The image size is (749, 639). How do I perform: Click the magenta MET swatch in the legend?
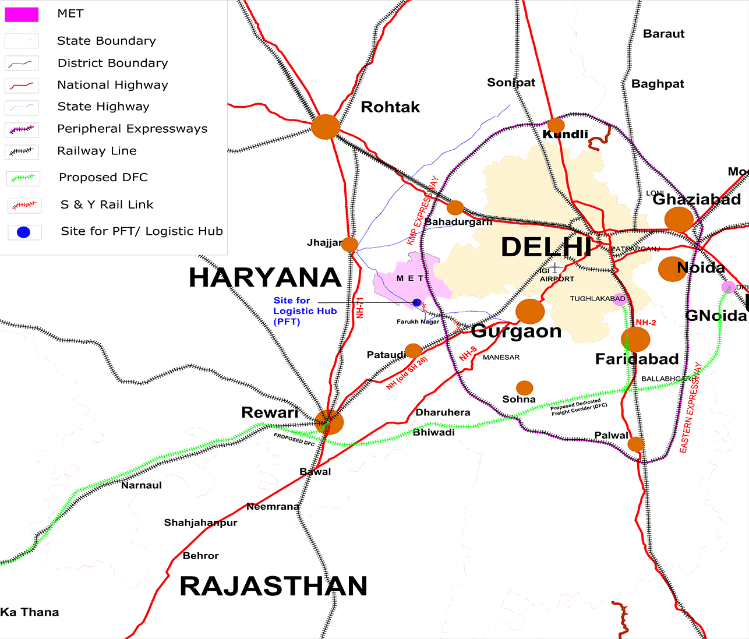(x=22, y=15)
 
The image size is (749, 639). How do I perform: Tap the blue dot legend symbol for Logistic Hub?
(x=23, y=232)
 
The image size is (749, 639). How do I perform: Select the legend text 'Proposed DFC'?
(x=103, y=177)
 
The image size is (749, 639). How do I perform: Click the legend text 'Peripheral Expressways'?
(x=132, y=129)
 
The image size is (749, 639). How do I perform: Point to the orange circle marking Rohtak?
(x=326, y=126)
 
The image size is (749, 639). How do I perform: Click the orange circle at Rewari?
(x=330, y=422)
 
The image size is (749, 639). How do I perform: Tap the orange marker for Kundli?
(x=556, y=125)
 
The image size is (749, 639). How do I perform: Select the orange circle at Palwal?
(x=636, y=444)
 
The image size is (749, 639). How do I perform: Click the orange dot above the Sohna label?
(x=525, y=387)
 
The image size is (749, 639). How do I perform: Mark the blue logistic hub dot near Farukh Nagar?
(x=416, y=302)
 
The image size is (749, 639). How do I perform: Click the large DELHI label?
(x=546, y=247)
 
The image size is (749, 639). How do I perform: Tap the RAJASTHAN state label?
(x=273, y=586)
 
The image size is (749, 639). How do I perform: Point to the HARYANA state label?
(x=264, y=278)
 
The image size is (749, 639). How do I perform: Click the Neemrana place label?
(x=273, y=507)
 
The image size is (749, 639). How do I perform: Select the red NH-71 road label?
(x=360, y=308)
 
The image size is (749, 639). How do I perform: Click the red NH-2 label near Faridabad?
(x=646, y=322)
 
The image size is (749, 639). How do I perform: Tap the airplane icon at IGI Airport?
(x=556, y=268)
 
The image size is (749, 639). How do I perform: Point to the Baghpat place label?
(x=658, y=84)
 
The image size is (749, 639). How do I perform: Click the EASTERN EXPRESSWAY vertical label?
(x=691, y=407)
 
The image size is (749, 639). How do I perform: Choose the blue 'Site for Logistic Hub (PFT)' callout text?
(x=305, y=311)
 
